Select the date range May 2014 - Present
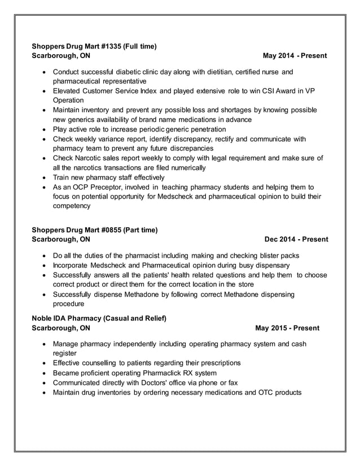(295, 56)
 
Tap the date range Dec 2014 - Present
(296, 239)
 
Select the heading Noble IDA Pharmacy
(69, 318)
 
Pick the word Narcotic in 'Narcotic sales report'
(92, 159)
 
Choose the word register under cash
(65, 353)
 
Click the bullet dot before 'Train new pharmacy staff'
(45, 177)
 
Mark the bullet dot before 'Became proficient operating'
(45, 373)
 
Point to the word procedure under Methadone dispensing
(71, 304)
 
